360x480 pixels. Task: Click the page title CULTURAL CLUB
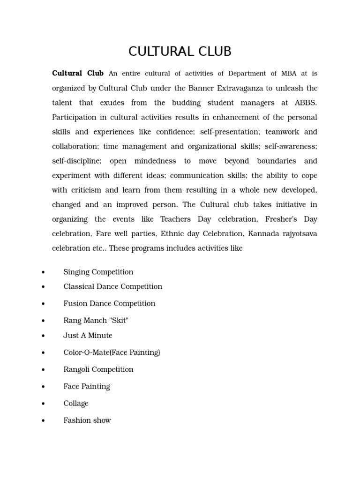pos(180,51)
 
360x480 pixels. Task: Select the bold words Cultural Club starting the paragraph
pos(78,74)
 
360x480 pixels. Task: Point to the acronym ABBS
pos(306,103)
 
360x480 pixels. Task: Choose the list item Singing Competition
pos(98,272)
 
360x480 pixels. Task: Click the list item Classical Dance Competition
pos(112,286)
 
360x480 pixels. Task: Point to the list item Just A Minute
pos(88,336)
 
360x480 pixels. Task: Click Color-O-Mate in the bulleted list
pos(85,352)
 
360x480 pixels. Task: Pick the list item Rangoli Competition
pos(98,369)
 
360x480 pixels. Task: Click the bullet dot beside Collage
pos(43,404)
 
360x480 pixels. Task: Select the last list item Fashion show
pos(87,420)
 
